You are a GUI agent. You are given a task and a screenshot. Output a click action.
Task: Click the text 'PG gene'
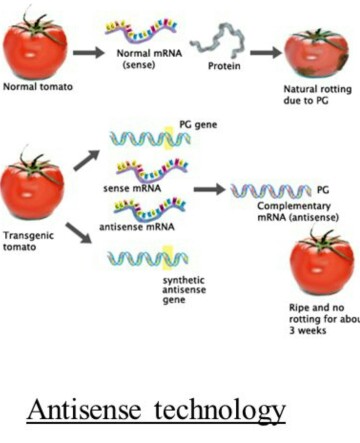tap(198, 125)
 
